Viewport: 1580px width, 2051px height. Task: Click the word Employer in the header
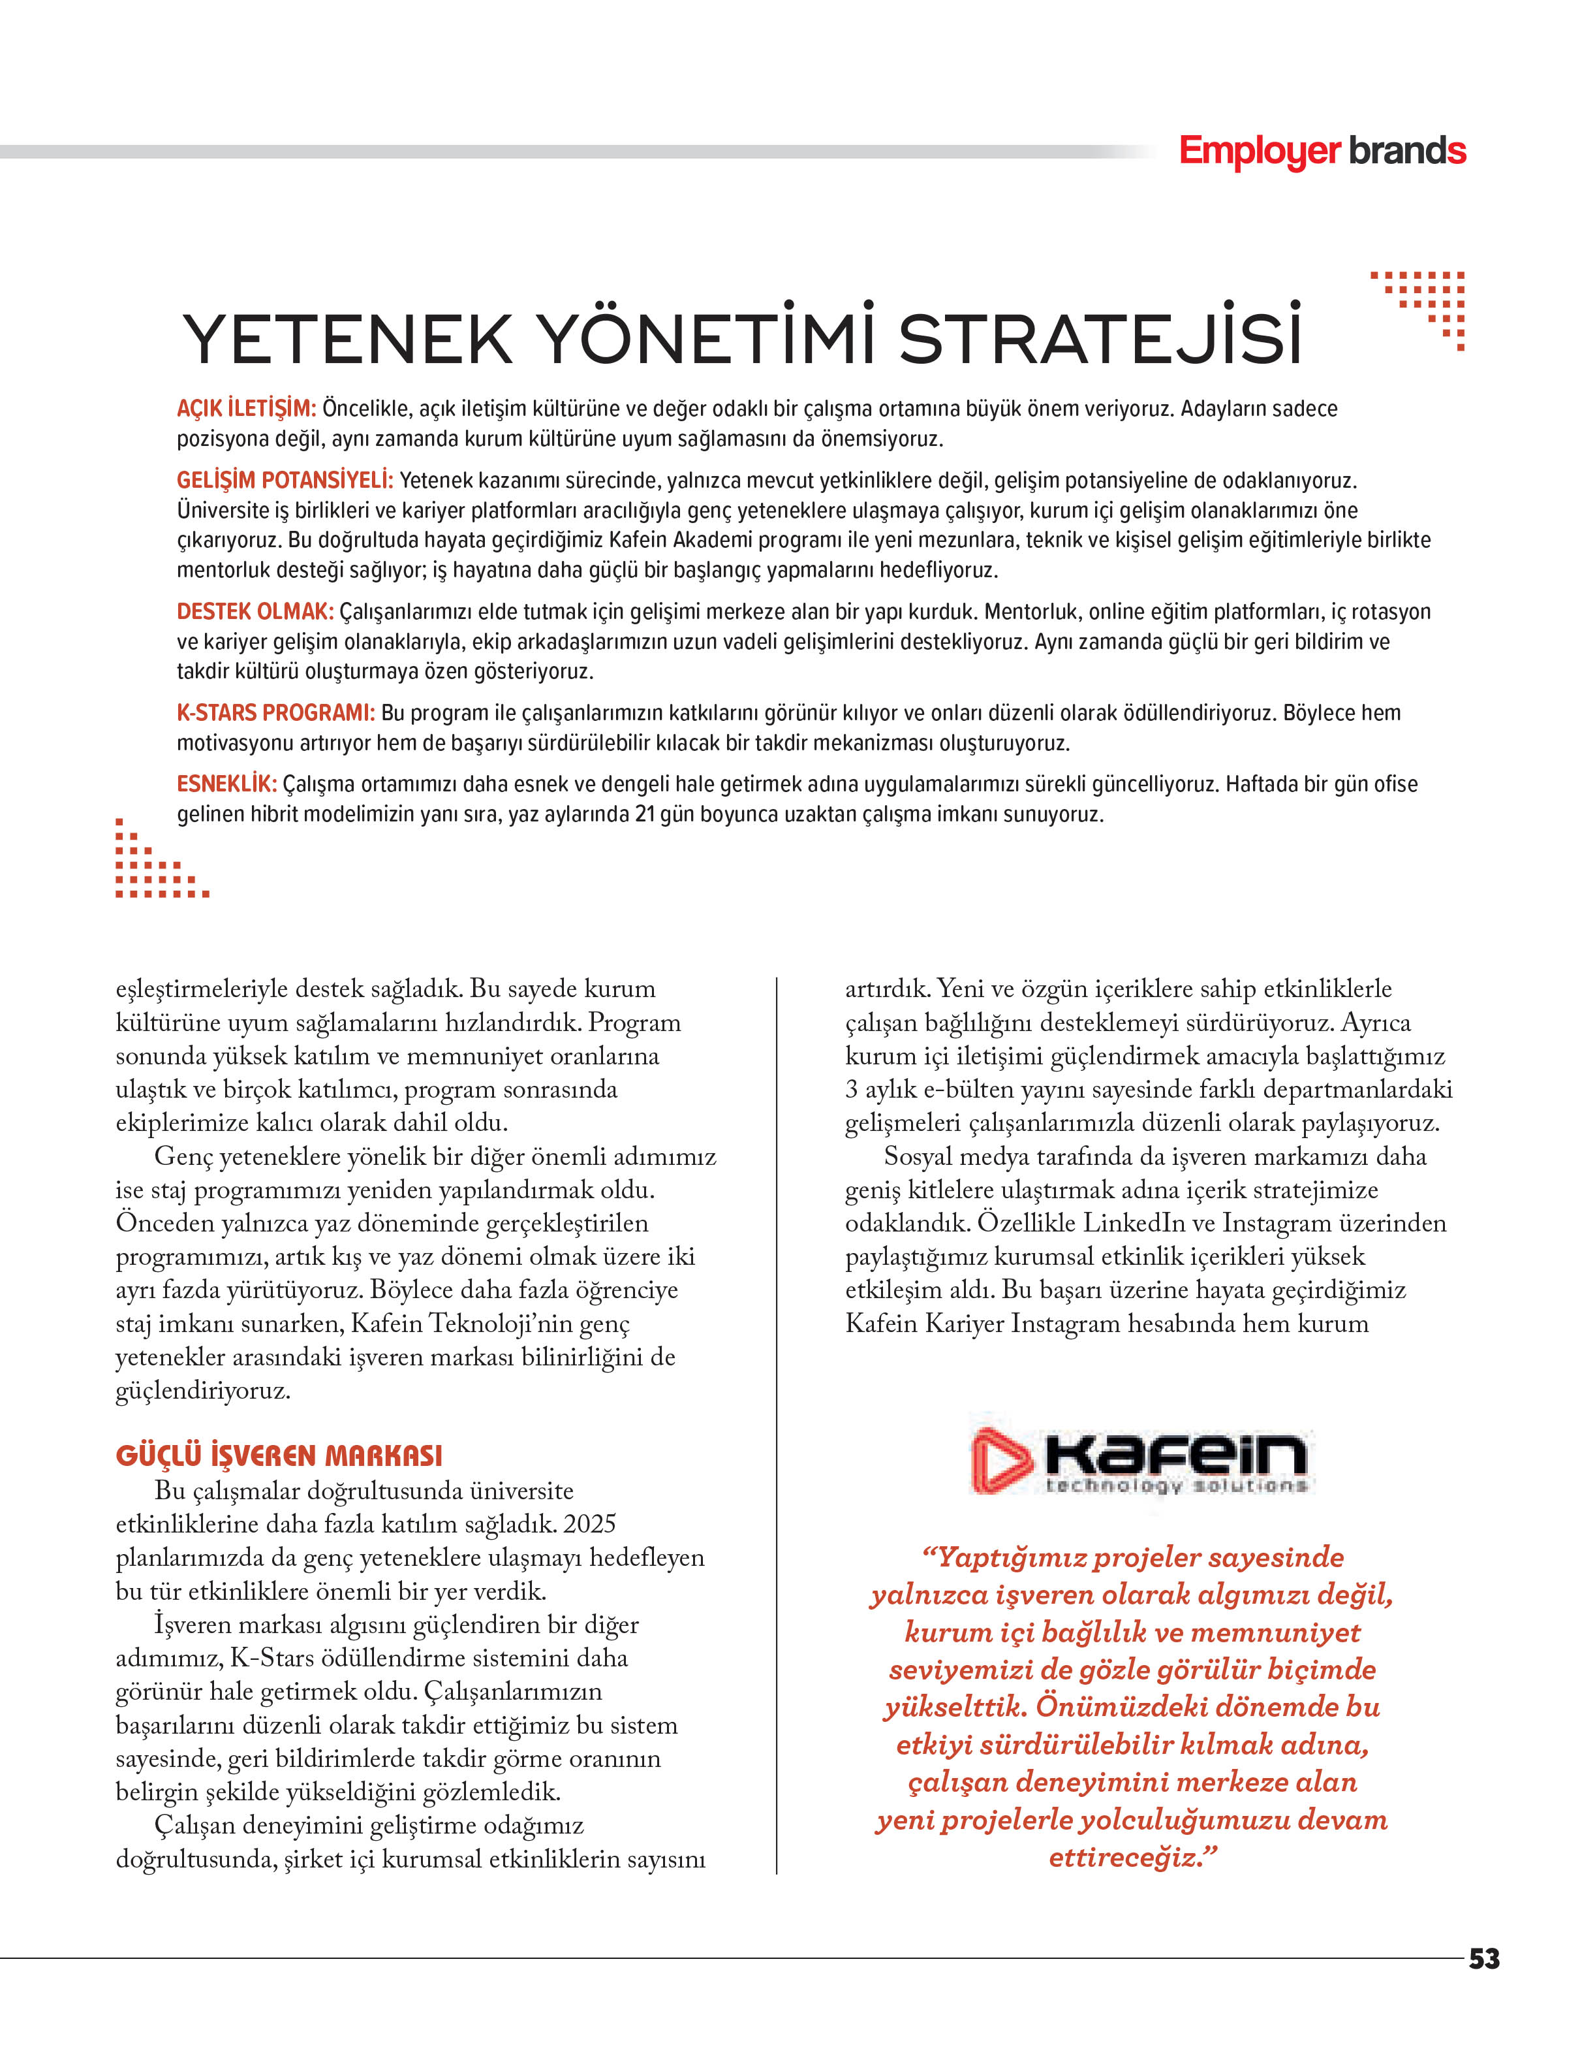pyautogui.click(x=1259, y=152)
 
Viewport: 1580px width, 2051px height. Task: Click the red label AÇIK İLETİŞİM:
pyautogui.click(x=246, y=409)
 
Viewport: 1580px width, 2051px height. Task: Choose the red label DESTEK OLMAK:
pyautogui.click(x=255, y=612)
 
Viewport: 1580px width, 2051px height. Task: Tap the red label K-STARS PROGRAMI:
pyautogui.click(x=275, y=713)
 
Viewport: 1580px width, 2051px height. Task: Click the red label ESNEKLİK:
pyautogui.click(x=226, y=784)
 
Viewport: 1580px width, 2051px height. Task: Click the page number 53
pyautogui.click(x=1483, y=1959)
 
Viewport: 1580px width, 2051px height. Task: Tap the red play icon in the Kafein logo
pyautogui.click(x=1000, y=1459)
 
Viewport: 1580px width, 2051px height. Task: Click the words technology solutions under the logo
pyautogui.click(x=1176, y=1486)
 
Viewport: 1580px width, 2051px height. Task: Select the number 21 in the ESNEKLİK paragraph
pyautogui.click(x=645, y=814)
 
